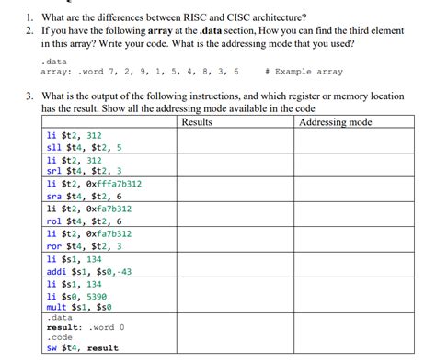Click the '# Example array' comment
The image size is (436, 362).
tap(303, 71)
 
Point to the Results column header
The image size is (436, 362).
tap(197, 122)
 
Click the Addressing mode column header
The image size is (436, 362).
tap(336, 122)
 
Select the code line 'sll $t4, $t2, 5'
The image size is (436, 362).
tap(84, 146)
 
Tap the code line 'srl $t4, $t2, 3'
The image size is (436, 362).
tap(84, 171)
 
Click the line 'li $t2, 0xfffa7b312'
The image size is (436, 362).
tap(93, 183)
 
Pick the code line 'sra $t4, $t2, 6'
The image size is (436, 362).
tap(84, 196)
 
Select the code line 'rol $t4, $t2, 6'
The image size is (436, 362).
tap(84, 221)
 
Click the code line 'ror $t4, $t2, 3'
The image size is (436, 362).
tap(84, 245)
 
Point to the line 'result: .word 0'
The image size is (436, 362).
tap(86, 327)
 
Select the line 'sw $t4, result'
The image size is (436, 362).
tap(82, 348)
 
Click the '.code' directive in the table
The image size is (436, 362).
tap(59, 337)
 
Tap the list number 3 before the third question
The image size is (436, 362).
tap(29, 96)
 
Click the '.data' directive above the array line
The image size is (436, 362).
tap(52, 60)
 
